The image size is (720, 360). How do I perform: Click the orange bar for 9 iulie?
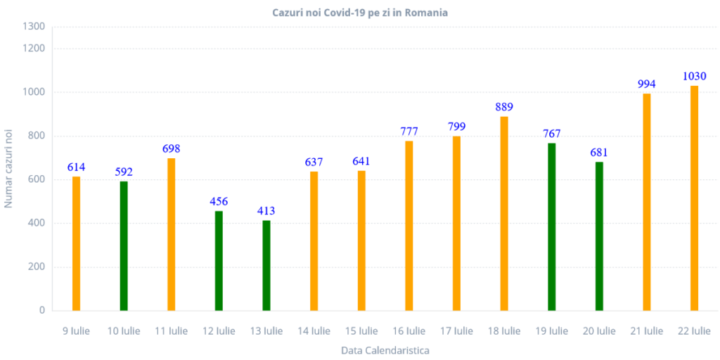click(x=76, y=243)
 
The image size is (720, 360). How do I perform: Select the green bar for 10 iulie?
click(x=124, y=245)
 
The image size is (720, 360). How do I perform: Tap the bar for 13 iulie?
click(x=266, y=265)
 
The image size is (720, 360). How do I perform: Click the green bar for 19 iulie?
click(x=552, y=226)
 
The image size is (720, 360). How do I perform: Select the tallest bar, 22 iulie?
click(x=695, y=198)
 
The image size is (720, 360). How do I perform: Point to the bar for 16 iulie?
click(x=409, y=225)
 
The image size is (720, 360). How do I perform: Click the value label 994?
click(x=647, y=84)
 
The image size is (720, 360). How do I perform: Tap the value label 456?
click(x=219, y=202)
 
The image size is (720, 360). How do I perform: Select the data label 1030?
click(x=695, y=76)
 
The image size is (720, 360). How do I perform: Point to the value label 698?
click(x=171, y=149)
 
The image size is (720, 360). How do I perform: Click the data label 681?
click(x=599, y=153)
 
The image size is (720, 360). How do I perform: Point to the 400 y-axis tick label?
click(x=39, y=224)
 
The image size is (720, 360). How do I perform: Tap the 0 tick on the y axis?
click(x=42, y=310)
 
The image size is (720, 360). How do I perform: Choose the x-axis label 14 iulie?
click(x=314, y=330)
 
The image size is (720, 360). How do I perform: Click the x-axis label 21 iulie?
click(x=647, y=330)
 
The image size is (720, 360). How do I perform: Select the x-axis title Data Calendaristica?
click(x=385, y=349)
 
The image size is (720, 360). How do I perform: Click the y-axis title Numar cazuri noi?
click(x=9, y=169)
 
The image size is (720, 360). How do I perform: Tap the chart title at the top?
click(x=360, y=13)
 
